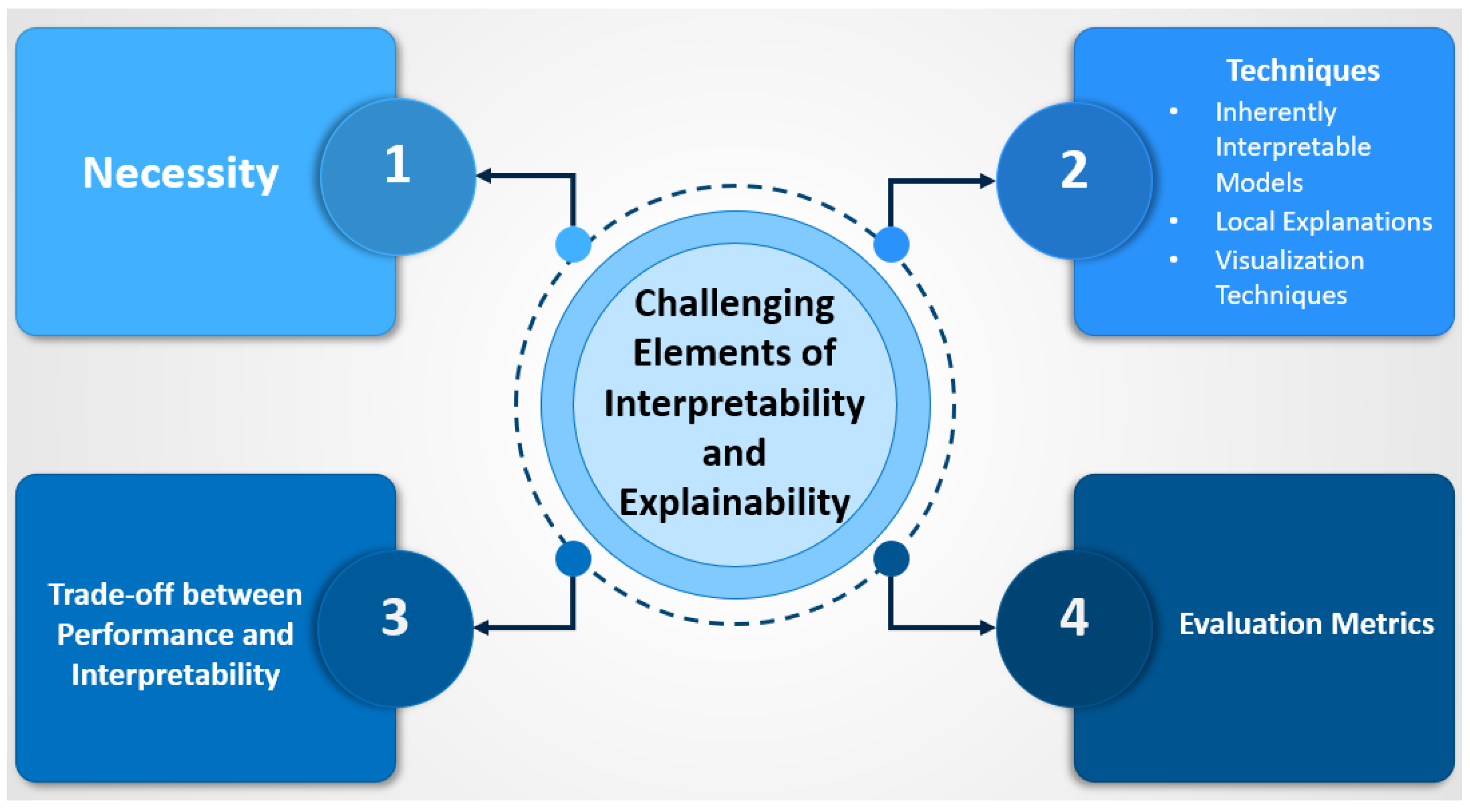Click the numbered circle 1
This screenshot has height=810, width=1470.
tap(398, 177)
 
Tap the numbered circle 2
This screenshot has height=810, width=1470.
tap(1074, 181)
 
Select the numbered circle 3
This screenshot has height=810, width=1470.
tap(395, 629)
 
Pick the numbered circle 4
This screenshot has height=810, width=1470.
tap(1074, 629)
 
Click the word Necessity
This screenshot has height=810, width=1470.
tap(180, 173)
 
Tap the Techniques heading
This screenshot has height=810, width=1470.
tap(1303, 71)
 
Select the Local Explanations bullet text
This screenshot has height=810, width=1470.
tap(1323, 222)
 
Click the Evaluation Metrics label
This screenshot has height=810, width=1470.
tap(1306, 624)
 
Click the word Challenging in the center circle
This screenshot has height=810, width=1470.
tap(734, 303)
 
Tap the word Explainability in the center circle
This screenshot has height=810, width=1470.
tap(734, 503)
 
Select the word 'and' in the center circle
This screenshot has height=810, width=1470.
tap(734, 453)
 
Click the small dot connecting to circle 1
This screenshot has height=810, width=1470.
tap(573, 244)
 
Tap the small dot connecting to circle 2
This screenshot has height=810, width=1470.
tap(891, 244)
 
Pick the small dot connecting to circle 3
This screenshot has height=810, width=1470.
tap(573, 558)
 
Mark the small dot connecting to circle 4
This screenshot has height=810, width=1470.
tap(891, 558)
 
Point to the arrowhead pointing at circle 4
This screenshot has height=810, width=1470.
tap(987, 628)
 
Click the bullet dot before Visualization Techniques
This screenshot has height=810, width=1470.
tap(1174, 260)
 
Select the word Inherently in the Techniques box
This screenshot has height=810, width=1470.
tap(1276, 112)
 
